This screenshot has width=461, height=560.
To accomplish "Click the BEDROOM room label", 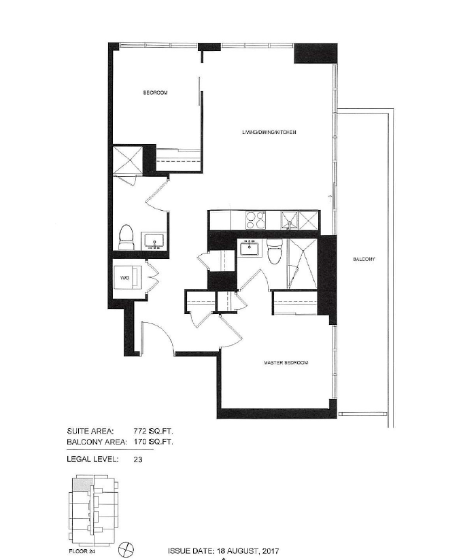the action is pos(156,93).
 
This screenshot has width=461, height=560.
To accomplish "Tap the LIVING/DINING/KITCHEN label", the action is pos(269,132).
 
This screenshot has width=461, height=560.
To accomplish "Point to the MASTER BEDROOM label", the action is pos(286,363).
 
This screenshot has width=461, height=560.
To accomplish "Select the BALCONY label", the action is pos(364,260).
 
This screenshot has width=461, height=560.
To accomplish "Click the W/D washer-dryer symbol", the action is pos(129,277).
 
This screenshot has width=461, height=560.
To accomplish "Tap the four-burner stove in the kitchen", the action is pos(256,220).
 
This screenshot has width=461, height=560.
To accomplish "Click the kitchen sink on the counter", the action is pos(290,220).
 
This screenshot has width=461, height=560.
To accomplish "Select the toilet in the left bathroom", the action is pos(126,237).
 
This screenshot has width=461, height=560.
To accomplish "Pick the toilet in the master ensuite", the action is pos(275,251).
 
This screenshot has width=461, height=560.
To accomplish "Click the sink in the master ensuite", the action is pos(251,247).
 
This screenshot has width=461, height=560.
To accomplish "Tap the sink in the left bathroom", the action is pos(154,241).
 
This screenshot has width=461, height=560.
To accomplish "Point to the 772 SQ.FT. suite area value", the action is pos(153,431).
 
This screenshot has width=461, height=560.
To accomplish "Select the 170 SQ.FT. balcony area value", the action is pos(153,442).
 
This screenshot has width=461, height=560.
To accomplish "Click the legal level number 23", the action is pos(138,459).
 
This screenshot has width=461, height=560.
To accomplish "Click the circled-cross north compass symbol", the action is pos(128,548).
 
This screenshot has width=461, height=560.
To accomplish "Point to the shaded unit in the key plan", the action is pos(81,485).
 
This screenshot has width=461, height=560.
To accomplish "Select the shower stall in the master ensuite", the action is pos(303,264).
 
